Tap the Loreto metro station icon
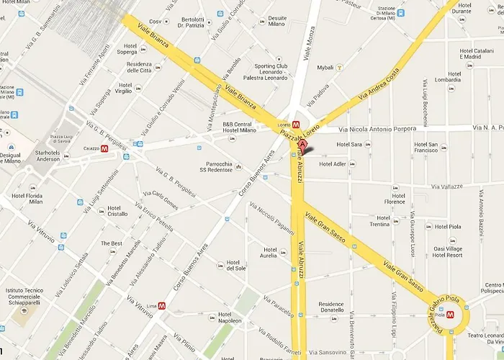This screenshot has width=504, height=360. [x=295, y=124]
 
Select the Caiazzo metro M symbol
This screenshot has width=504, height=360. [x=105, y=149]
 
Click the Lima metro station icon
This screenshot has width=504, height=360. [x=163, y=305]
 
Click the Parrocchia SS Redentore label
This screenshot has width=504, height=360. [x=217, y=166]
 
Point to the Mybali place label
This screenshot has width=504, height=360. [x=325, y=68]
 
